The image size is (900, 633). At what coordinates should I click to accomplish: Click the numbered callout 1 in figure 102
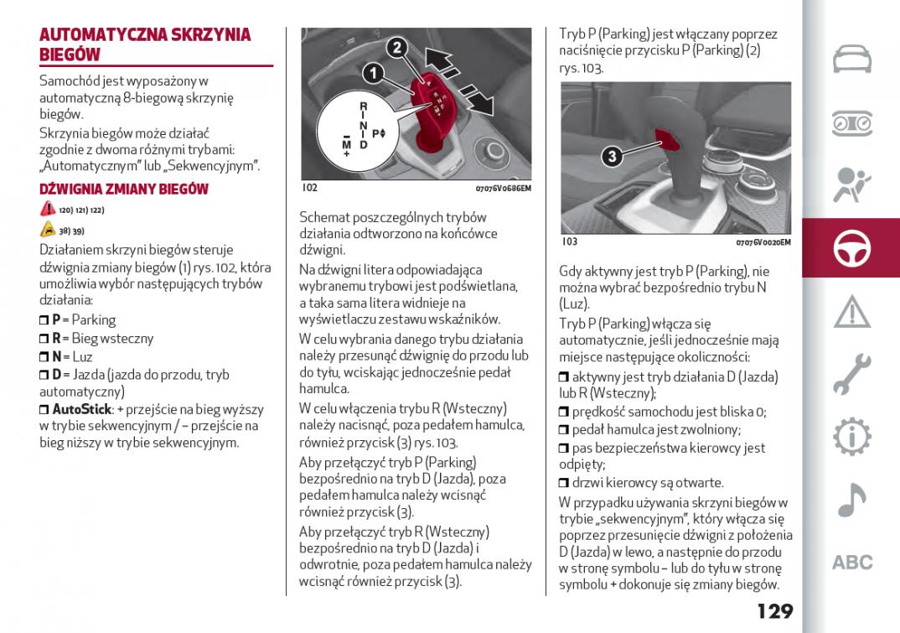point(373,74)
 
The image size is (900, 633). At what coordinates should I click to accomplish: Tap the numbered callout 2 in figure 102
point(398,47)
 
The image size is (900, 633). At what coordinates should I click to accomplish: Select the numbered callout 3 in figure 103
point(613,156)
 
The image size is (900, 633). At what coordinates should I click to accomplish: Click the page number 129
point(774,610)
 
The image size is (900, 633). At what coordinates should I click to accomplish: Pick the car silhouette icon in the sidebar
point(851,60)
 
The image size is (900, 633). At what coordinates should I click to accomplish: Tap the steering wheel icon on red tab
point(851,248)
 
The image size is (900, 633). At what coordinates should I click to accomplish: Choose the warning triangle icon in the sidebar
point(851,311)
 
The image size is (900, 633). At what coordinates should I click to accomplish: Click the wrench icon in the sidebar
point(851,374)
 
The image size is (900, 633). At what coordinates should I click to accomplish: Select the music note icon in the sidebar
point(851,501)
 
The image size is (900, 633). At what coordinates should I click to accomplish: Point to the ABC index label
point(851,563)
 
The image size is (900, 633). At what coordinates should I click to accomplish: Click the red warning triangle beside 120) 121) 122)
point(47,210)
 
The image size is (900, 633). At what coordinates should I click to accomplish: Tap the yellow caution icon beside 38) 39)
point(47,230)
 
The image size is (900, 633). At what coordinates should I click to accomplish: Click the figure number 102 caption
point(309,188)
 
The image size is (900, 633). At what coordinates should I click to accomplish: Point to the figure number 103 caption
point(569,241)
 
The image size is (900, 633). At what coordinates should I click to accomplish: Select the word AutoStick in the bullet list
point(82,409)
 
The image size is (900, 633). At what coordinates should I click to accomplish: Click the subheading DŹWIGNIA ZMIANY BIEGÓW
point(123,189)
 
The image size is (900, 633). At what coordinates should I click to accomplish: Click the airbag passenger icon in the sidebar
point(851,185)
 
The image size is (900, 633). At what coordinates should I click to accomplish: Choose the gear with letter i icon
point(851,437)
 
